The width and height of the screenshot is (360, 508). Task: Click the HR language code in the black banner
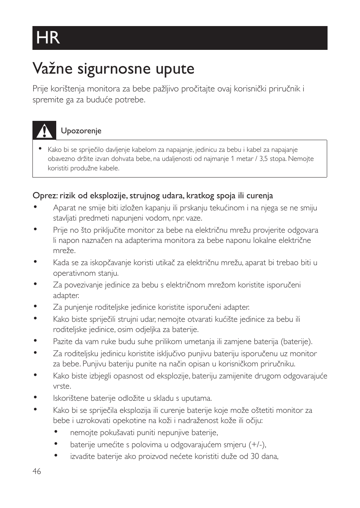point(48,38)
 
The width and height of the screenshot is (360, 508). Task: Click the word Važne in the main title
point(53,69)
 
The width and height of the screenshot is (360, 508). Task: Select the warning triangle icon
point(44,131)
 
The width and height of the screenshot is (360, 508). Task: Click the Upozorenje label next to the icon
point(81,131)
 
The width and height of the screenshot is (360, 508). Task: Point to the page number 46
point(37,471)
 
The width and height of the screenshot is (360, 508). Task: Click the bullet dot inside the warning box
point(40,148)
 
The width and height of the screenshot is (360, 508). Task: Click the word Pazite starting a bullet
point(62,341)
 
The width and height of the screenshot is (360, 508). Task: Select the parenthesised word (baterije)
point(297,341)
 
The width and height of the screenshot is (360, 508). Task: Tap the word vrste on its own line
point(62,386)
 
